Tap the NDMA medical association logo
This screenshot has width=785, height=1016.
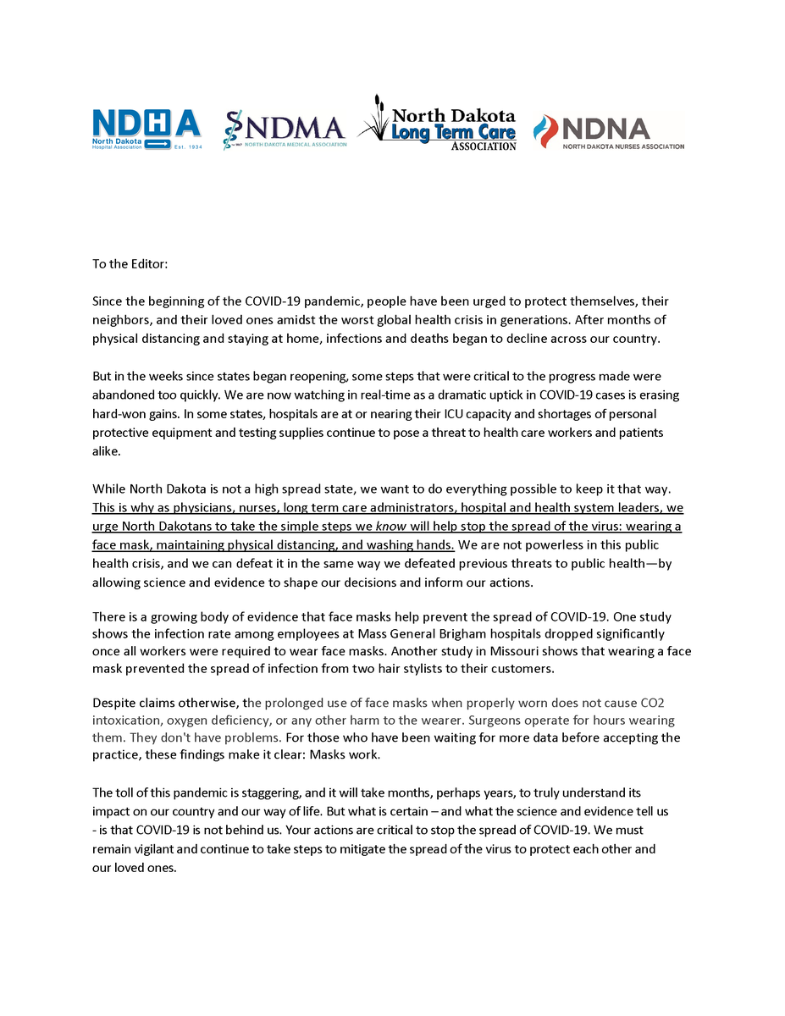point(285,130)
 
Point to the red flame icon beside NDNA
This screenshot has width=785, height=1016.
point(545,130)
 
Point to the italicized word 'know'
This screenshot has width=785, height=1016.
point(390,526)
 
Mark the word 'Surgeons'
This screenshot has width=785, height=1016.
point(495,721)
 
